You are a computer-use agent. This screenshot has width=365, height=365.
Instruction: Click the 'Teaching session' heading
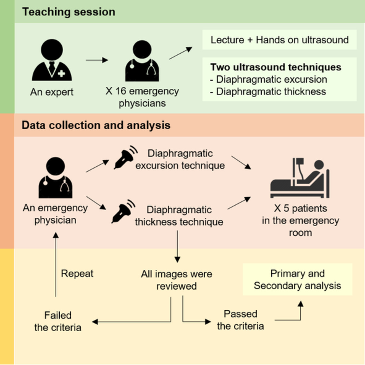pyautogui.click(x=69, y=12)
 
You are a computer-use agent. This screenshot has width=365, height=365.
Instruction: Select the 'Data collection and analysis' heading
pyautogui.click(x=96, y=125)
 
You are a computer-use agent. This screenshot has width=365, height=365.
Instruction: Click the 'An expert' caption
pyautogui.click(x=52, y=92)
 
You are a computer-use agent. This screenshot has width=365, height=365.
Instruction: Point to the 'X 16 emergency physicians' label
pyautogui.click(x=142, y=97)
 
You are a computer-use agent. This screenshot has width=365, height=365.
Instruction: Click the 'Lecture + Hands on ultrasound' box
pyautogui.click(x=279, y=40)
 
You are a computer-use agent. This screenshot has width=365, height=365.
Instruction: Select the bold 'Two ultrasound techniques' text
pyautogui.click(x=276, y=67)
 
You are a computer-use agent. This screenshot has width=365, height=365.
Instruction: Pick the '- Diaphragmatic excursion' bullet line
pyautogui.click(x=269, y=79)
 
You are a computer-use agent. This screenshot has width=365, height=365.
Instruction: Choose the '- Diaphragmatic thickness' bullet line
pyautogui.click(x=268, y=91)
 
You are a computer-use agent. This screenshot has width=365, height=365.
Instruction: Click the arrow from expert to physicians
pyautogui.click(x=97, y=60)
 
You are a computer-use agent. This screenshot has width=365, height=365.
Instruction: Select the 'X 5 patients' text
pyautogui.click(x=300, y=208)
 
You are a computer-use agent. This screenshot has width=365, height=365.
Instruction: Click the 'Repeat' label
pyautogui.click(x=77, y=273)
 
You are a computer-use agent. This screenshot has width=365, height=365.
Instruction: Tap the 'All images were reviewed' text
pyautogui.click(x=177, y=280)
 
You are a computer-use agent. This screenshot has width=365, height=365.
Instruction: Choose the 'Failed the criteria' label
pyautogui.click(x=58, y=321)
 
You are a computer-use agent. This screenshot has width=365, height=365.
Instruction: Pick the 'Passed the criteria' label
pyautogui.click(x=240, y=320)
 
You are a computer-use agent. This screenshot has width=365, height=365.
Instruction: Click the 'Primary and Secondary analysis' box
pyautogui.click(x=297, y=279)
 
